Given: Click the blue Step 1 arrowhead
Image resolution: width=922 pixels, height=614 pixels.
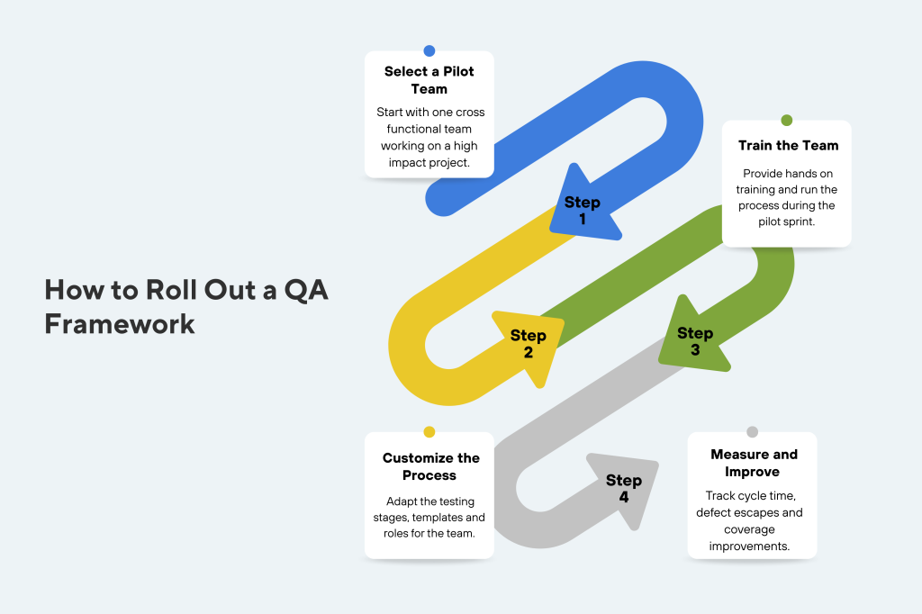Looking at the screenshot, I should click(x=583, y=209).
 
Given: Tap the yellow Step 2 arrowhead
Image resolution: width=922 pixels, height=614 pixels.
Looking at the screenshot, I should click(x=528, y=344).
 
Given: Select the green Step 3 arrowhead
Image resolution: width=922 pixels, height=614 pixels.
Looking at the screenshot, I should click(x=694, y=341).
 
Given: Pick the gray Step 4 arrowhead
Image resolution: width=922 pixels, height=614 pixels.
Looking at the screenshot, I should click(x=624, y=488).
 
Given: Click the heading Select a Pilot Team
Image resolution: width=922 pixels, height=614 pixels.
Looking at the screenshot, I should click(x=429, y=80).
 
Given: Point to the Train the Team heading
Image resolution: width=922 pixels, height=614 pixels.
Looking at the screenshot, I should click(x=788, y=145).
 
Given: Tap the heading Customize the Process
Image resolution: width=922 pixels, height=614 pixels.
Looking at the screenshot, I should click(x=429, y=466).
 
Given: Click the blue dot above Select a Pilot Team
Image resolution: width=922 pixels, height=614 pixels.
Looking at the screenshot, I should click(x=429, y=51).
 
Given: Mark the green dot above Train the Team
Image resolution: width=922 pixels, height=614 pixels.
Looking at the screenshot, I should click(x=787, y=121).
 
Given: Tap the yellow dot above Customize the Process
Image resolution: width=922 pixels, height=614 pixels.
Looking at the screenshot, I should click(x=429, y=432).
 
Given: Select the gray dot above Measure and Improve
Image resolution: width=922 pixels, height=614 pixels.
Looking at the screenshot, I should click(x=753, y=432).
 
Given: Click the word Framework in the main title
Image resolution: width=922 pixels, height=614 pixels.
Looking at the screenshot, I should click(x=120, y=323).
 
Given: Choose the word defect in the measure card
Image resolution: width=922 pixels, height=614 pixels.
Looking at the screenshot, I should click(x=719, y=512).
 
